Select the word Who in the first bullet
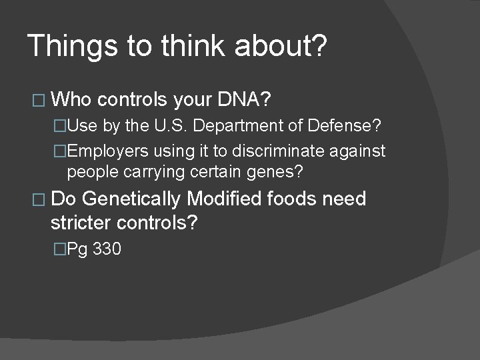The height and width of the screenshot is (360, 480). click(71, 101)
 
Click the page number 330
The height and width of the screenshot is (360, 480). click(107, 250)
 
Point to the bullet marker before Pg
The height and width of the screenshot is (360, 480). click(60, 250)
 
